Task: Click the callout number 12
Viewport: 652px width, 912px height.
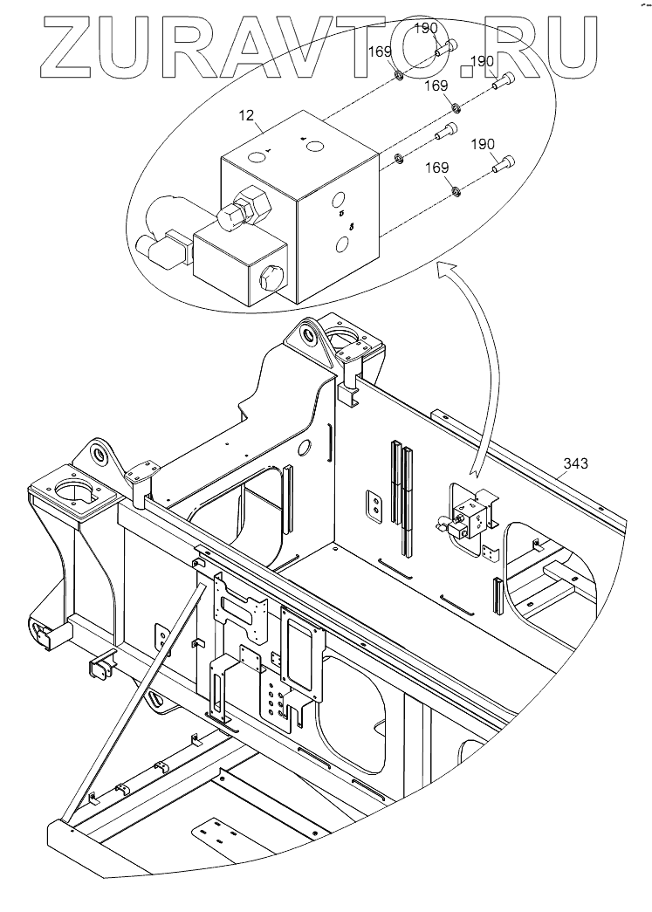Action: coord(247,115)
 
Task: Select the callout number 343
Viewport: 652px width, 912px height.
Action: coord(575,463)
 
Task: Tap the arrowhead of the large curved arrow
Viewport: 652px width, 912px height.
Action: coord(448,269)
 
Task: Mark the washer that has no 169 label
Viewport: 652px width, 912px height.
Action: coord(398,158)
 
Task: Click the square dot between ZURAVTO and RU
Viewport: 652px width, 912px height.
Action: coord(468,71)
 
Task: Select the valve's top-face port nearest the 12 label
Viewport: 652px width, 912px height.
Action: coord(256,156)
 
